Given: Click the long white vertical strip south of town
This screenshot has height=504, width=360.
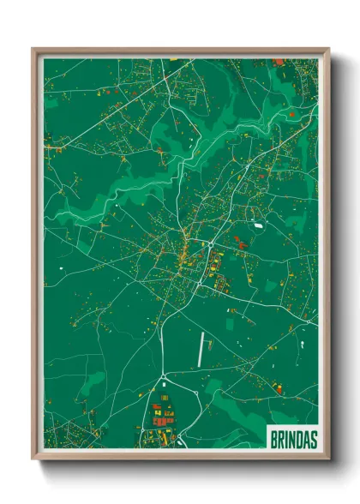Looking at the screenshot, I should (x=202, y=348).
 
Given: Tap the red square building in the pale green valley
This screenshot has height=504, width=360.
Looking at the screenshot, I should (x=291, y=113).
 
